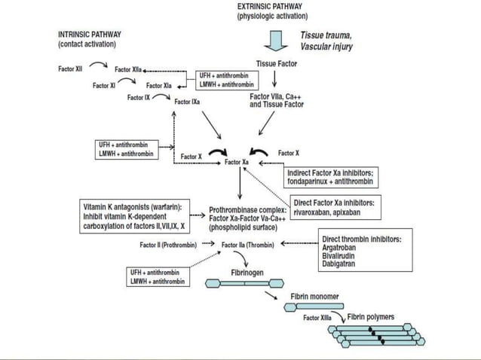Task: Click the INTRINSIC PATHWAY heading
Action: (90, 35)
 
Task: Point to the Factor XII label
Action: (71, 69)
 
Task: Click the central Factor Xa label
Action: (238, 161)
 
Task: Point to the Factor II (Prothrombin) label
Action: (167, 245)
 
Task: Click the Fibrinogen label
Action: (246, 273)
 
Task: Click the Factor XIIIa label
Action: (317, 318)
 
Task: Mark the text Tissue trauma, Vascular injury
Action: (326, 41)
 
